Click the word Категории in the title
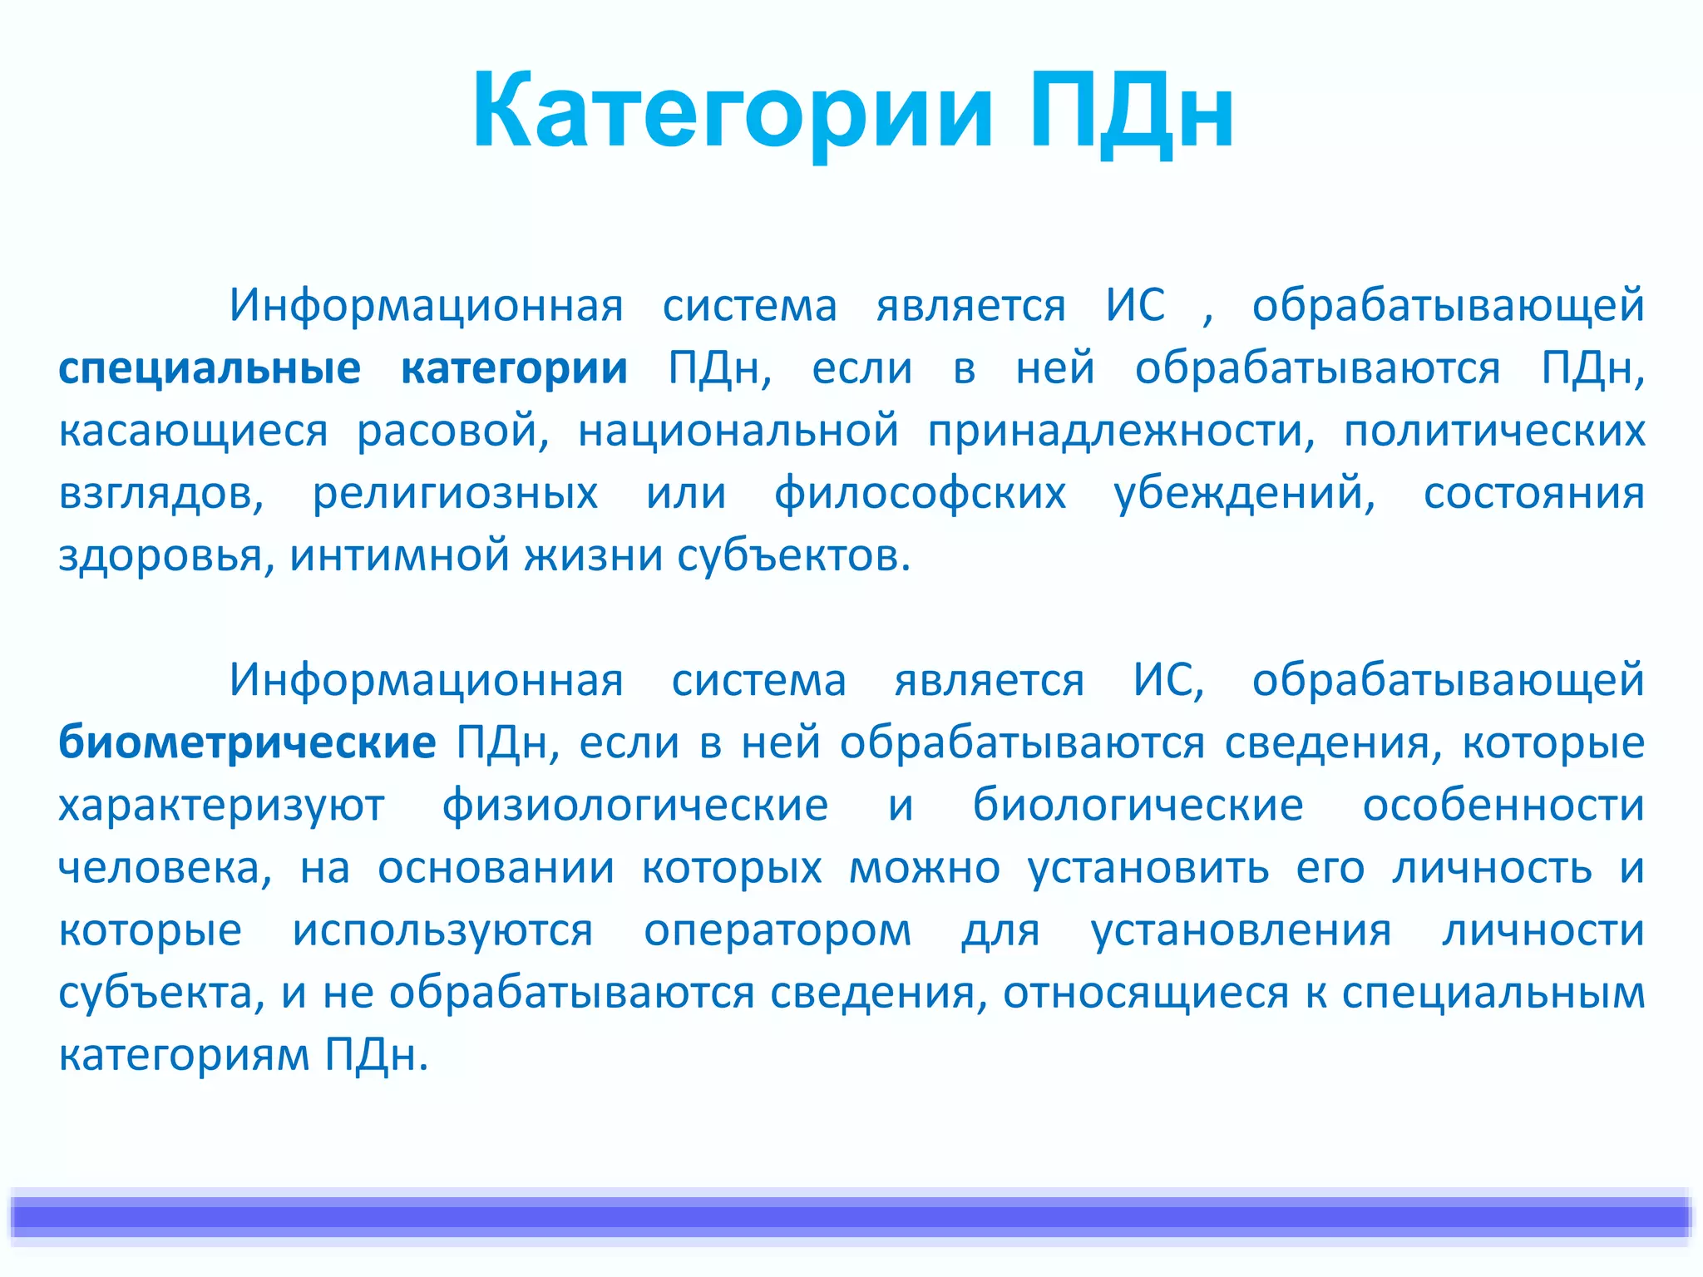click(x=732, y=112)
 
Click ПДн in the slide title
click(x=1131, y=112)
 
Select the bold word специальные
click(x=210, y=368)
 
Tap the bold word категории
click(x=514, y=368)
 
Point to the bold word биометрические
click(x=247, y=742)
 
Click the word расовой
click(x=452, y=431)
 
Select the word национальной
click(x=738, y=431)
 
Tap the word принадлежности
click(x=1121, y=431)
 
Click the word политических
click(x=1494, y=431)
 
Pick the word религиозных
click(x=455, y=494)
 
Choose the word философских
click(x=920, y=494)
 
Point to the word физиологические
click(x=635, y=805)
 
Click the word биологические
click(x=1138, y=805)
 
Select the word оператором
click(x=777, y=929)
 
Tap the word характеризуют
click(x=221, y=805)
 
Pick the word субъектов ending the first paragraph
click(x=792, y=555)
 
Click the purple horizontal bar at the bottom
click(x=851, y=1216)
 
